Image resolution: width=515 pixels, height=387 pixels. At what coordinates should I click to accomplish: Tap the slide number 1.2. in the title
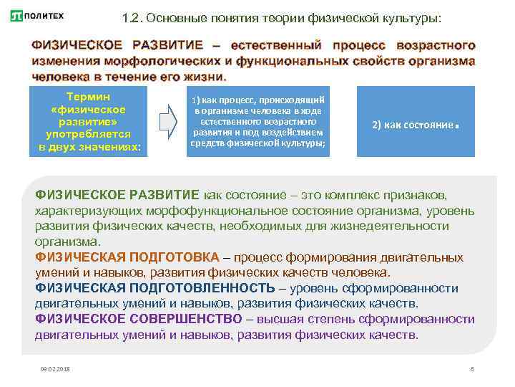click(x=133, y=16)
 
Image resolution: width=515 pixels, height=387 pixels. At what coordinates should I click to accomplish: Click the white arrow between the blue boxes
click(x=167, y=121)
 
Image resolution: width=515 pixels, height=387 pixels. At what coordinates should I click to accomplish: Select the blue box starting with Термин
click(x=89, y=121)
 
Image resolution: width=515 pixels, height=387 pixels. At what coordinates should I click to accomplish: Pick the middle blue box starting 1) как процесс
click(x=258, y=121)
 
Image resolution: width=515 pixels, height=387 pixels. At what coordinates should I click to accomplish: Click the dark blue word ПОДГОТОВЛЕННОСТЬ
click(x=210, y=288)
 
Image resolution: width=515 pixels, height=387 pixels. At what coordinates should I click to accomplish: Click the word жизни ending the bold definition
click(x=202, y=77)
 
